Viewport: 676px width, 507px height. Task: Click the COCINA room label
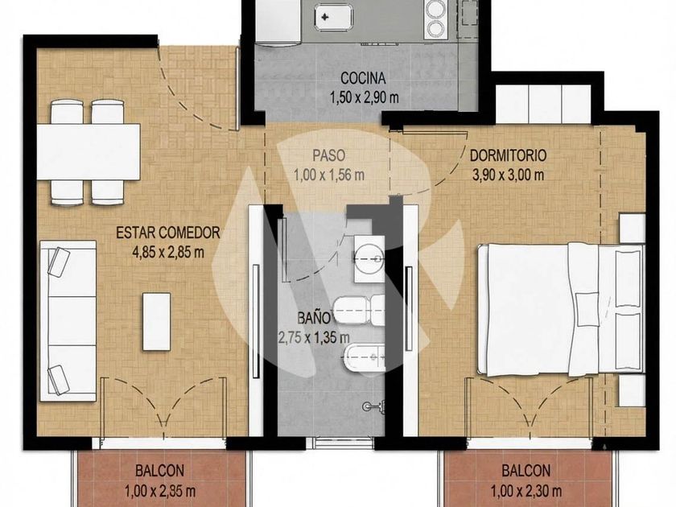tap(363, 79)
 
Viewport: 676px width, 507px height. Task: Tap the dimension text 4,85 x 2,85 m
tap(168, 252)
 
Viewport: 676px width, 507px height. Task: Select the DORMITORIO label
tap(509, 155)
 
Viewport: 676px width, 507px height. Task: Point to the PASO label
tap(329, 155)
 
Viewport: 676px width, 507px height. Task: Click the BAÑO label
tap(315, 318)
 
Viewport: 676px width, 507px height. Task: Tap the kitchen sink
tap(332, 17)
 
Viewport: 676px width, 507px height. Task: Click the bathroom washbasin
tap(369, 258)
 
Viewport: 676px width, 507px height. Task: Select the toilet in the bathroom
tap(360, 311)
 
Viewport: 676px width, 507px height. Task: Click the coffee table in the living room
tap(156, 321)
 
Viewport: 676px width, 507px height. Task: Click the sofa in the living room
tap(68, 321)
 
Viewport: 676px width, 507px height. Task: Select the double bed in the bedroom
tap(561, 309)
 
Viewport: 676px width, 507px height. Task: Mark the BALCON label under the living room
tap(159, 470)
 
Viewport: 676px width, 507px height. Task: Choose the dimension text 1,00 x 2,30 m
tap(526, 491)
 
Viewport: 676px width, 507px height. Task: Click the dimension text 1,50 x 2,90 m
tap(365, 98)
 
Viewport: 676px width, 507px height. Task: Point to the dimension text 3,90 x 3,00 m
tap(509, 175)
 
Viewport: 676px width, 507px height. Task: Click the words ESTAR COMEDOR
tap(168, 233)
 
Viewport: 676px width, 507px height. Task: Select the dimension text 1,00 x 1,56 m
tap(329, 175)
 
